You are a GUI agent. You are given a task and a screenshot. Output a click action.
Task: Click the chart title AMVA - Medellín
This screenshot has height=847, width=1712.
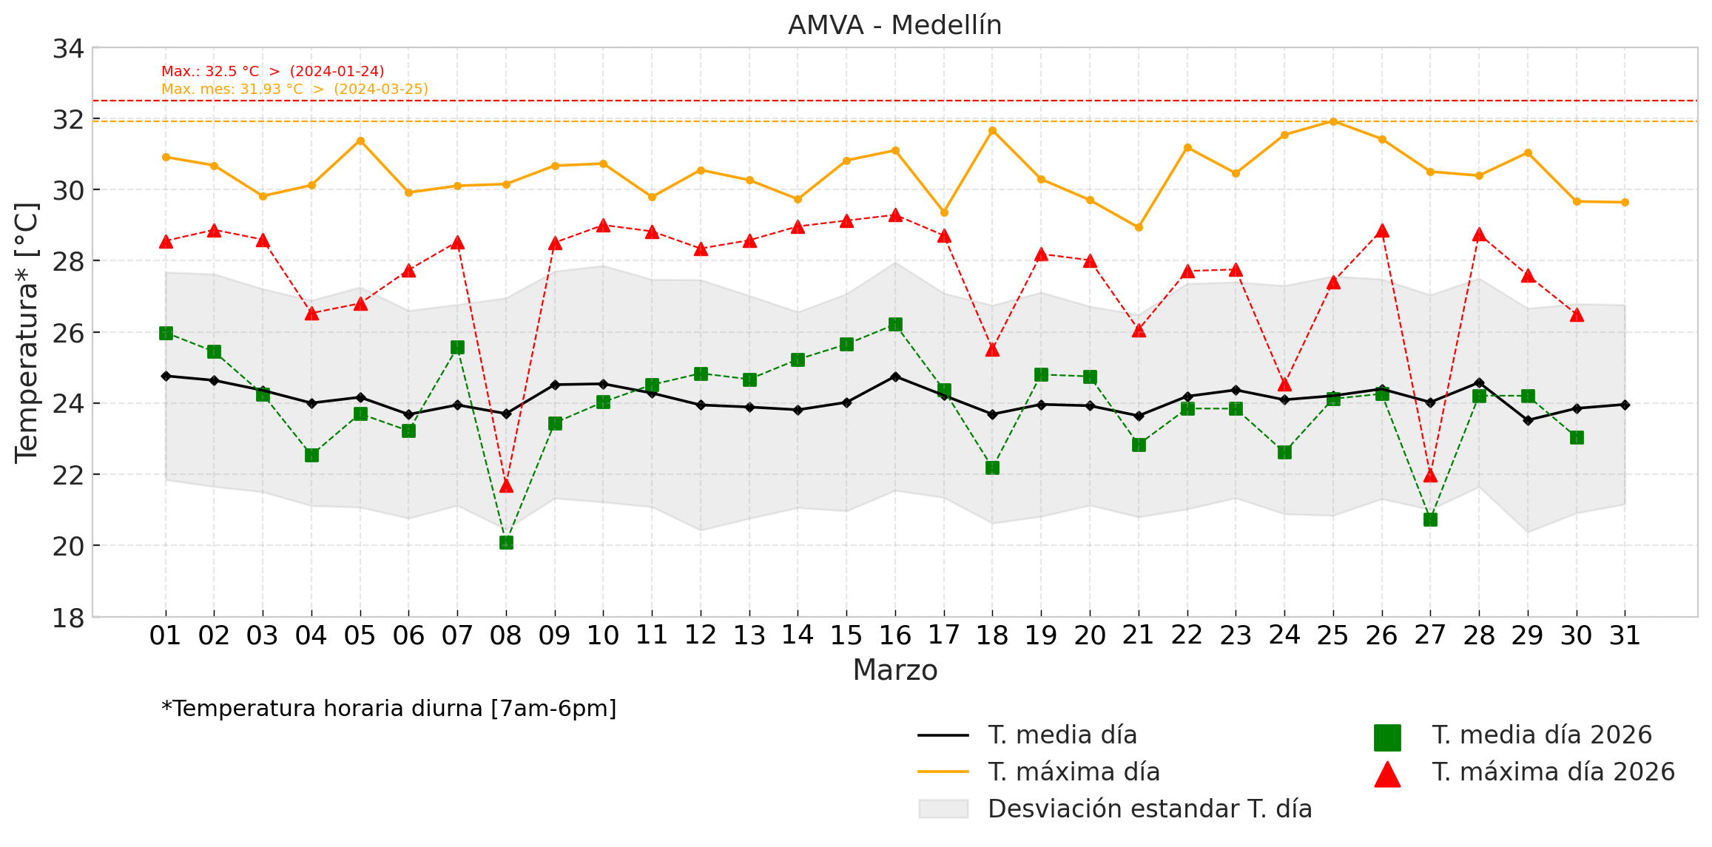[x=894, y=25]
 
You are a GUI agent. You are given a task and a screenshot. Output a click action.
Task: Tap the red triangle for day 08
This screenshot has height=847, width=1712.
[x=506, y=486]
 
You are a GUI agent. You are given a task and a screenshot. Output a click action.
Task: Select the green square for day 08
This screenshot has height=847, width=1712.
[x=506, y=542]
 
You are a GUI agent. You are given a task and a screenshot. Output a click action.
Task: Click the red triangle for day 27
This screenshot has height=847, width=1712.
[x=1430, y=476]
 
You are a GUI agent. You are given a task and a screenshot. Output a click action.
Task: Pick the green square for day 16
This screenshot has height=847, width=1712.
[x=895, y=324]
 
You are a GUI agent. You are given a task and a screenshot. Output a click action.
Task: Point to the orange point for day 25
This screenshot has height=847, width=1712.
[x=1333, y=121]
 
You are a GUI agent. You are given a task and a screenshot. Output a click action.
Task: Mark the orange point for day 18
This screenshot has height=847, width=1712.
[x=992, y=131]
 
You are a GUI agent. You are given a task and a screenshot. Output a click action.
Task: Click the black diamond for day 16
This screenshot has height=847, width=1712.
[x=895, y=377]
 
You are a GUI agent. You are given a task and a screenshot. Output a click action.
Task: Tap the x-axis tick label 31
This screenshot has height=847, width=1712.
[x=1625, y=635]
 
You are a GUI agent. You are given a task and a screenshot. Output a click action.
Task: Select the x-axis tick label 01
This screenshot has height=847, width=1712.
[x=165, y=635]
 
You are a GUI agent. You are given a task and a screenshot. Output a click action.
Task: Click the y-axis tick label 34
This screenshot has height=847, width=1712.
[x=68, y=49]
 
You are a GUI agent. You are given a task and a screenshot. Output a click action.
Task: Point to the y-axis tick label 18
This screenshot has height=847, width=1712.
[x=68, y=618]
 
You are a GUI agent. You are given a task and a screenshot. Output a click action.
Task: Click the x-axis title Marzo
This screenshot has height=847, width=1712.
[x=894, y=670]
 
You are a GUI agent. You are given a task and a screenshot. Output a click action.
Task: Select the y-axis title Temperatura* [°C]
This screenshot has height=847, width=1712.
[x=27, y=332]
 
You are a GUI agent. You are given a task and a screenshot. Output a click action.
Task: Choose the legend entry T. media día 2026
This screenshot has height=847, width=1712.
[x=1542, y=735]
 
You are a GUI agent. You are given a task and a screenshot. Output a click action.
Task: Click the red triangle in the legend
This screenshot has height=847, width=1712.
[x=1387, y=774]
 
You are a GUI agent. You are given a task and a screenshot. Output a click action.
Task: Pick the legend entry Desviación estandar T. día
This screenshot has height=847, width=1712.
[x=1149, y=809]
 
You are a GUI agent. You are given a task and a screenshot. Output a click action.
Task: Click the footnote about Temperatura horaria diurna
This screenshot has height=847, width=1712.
[x=389, y=709]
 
